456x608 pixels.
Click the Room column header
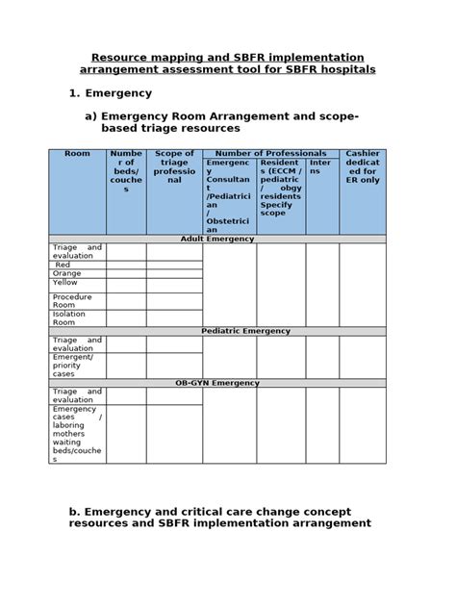[77, 154]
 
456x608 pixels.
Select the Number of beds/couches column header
[126, 171]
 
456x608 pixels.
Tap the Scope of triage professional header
[174, 166]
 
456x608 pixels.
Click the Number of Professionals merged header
[270, 154]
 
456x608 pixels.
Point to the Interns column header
[321, 166]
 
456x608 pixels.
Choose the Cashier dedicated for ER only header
[363, 166]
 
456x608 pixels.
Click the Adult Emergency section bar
[217, 239]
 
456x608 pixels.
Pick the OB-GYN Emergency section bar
[217, 383]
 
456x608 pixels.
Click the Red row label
[63, 265]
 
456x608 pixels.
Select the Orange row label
[66, 273]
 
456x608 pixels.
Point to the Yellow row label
[65, 283]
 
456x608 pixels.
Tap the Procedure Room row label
[73, 301]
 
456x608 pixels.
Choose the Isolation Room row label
[70, 318]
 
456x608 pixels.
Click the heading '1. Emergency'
[111, 93]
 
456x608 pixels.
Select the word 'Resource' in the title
[122, 58]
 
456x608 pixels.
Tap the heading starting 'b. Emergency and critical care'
[219, 518]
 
